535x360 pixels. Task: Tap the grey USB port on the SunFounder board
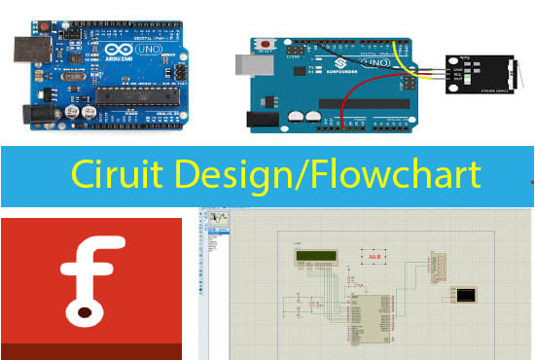(x=249, y=64)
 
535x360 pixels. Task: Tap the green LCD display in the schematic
(x=315, y=258)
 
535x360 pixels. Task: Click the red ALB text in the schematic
(x=373, y=257)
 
